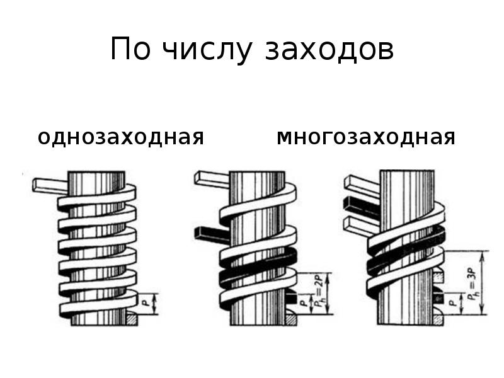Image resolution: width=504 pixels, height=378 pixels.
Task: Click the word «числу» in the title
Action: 206,50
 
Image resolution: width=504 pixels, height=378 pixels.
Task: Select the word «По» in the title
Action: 130,49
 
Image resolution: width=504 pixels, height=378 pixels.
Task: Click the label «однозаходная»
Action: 121,137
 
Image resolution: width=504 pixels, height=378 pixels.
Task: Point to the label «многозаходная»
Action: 366,137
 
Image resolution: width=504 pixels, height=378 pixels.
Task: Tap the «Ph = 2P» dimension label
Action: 319,293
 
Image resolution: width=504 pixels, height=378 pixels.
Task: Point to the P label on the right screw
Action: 453,302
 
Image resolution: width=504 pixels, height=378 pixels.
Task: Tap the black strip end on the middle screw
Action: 211,234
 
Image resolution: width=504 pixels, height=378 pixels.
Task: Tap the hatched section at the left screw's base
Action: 132,320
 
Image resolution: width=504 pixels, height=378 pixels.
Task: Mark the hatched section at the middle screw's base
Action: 291,320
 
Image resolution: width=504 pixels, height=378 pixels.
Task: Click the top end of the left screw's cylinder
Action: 96,172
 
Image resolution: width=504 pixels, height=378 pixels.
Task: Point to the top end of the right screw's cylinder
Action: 407,171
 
